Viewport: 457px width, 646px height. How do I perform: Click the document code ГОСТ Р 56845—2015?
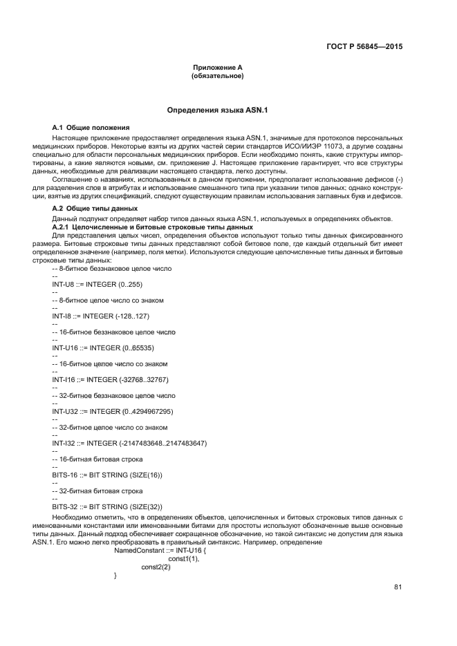364,47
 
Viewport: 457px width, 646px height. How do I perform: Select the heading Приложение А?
217,67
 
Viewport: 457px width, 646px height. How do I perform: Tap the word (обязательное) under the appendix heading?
217,75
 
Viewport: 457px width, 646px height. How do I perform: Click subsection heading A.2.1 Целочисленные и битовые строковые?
153,227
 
